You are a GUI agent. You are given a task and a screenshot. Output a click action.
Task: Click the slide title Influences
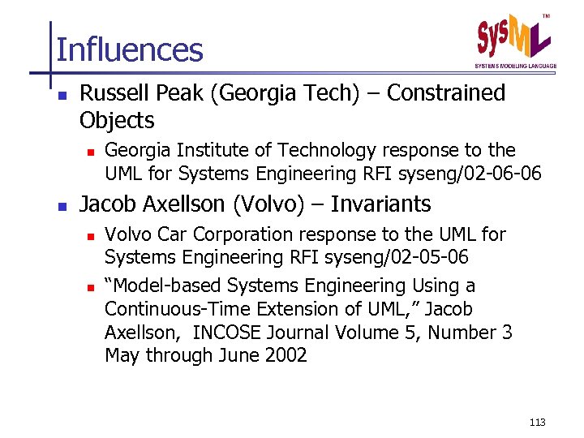click(130, 49)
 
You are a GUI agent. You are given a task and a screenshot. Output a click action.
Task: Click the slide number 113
click(536, 422)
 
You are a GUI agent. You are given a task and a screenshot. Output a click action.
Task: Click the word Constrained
click(446, 93)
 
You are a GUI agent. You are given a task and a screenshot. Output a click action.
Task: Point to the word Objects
click(117, 121)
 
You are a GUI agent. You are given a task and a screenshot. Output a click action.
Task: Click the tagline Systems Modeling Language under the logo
click(515, 65)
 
